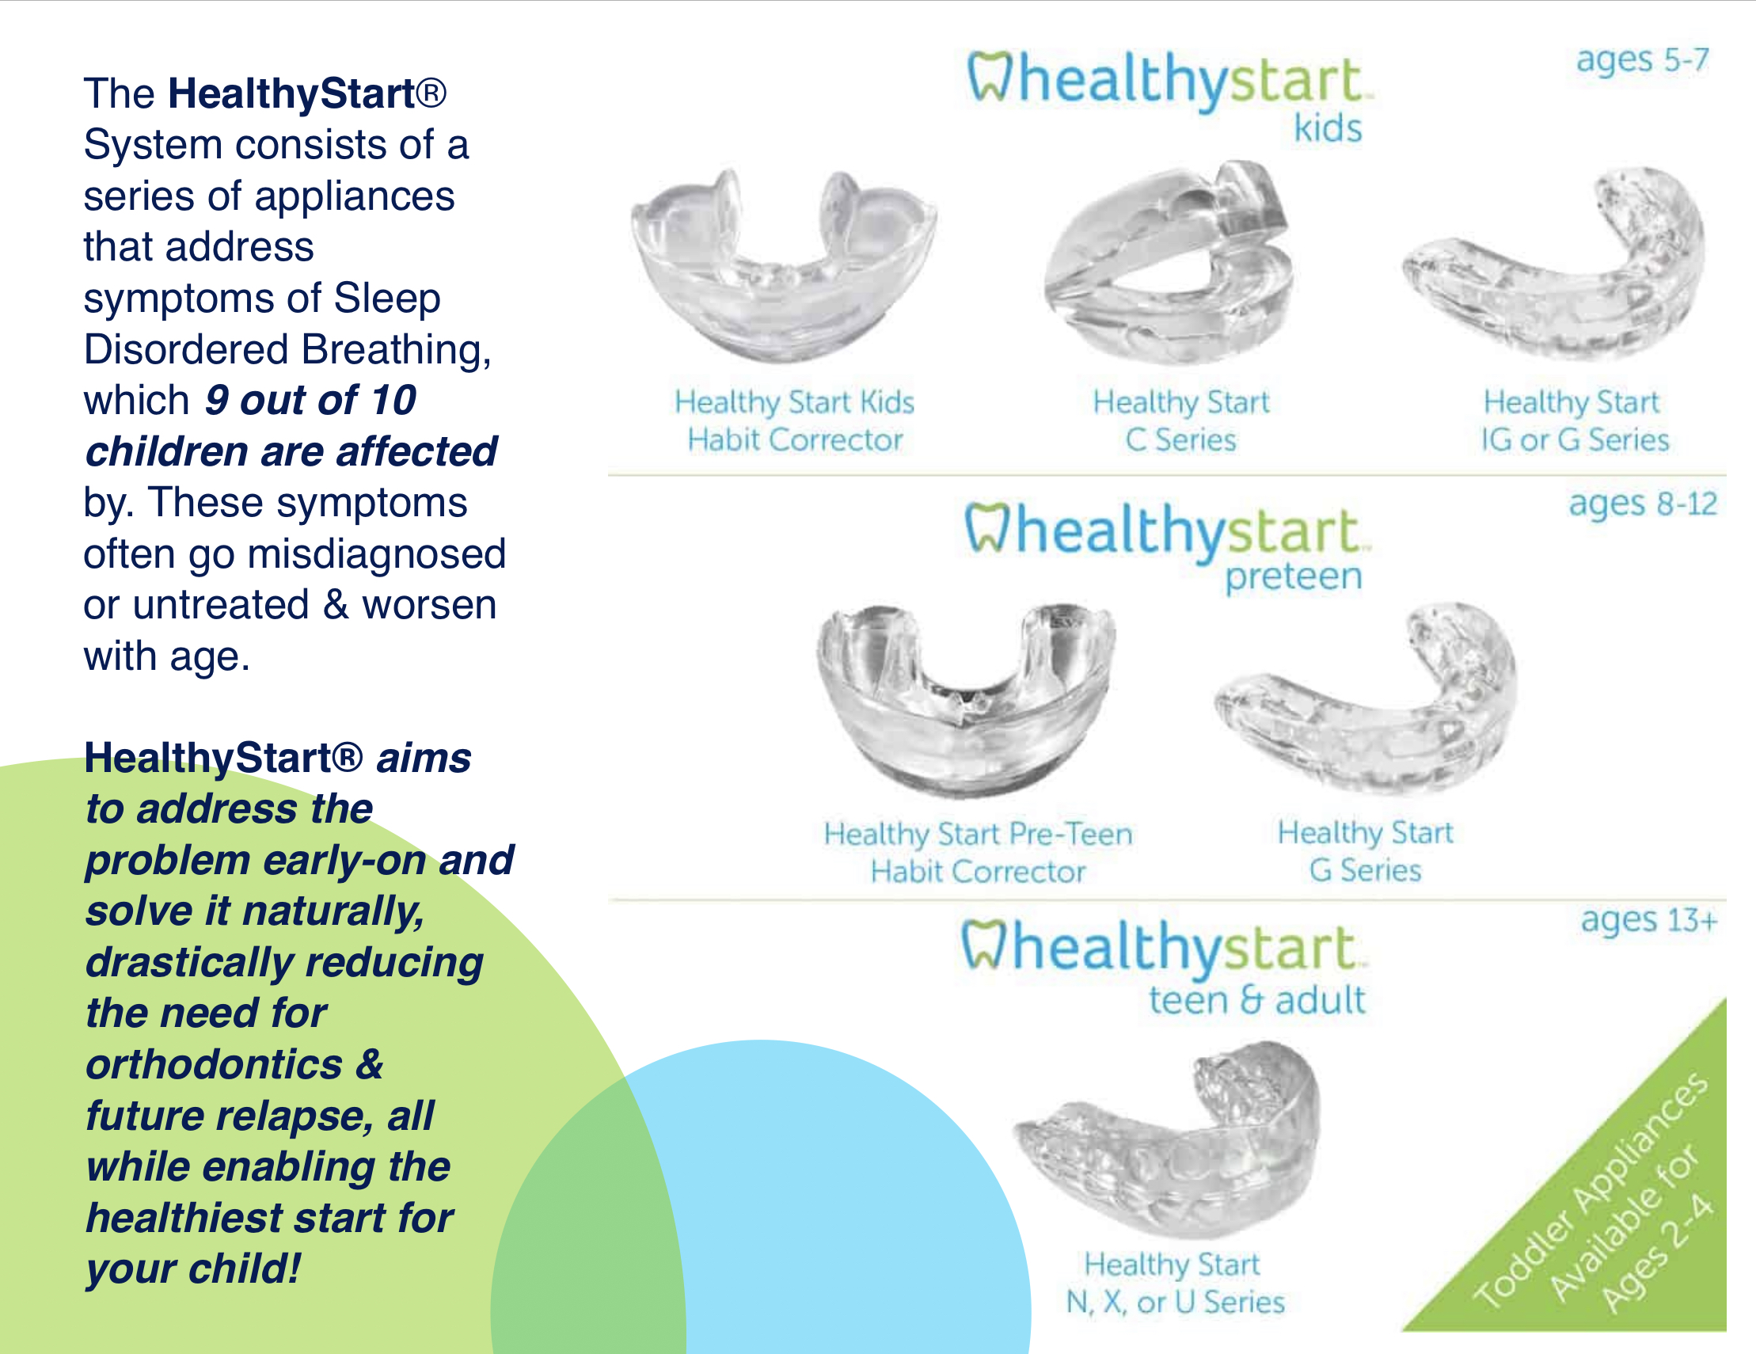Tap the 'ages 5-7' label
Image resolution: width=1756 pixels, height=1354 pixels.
click(1643, 61)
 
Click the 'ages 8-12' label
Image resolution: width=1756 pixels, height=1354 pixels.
click(1643, 505)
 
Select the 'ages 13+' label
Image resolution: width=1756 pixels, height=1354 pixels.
click(1648, 921)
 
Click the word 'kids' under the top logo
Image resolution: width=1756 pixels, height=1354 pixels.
click(1328, 128)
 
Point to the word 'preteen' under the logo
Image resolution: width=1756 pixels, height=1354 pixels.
click(1294, 577)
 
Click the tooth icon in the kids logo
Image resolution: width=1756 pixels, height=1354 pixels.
click(989, 77)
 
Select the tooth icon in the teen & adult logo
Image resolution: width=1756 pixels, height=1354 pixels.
click(984, 945)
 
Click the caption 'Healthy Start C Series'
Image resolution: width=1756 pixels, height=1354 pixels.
click(1181, 420)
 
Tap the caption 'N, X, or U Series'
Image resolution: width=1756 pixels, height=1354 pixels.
click(1176, 1302)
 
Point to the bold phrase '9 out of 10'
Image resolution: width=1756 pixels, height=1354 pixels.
click(310, 401)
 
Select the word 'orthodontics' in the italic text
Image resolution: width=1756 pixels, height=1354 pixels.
click(215, 1065)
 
